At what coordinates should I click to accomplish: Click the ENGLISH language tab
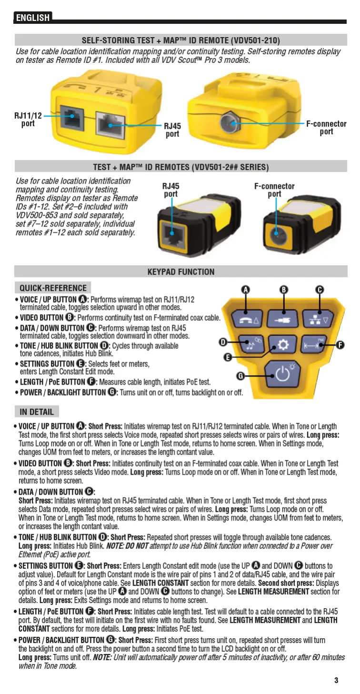tap(32, 18)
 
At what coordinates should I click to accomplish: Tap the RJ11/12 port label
tap(28, 119)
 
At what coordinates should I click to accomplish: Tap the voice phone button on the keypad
tap(247, 319)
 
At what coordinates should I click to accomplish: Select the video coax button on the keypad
tap(283, 319)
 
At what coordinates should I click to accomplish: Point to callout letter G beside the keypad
tap(241, 376)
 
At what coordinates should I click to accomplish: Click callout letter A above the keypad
tap(246, 289)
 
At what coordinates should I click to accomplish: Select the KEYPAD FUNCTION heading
tap(181, 272)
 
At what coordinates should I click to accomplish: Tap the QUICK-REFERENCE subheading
tap(53, 288)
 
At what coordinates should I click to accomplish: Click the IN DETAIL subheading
tap(37, 411)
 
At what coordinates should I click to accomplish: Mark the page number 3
tap(336, 680)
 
